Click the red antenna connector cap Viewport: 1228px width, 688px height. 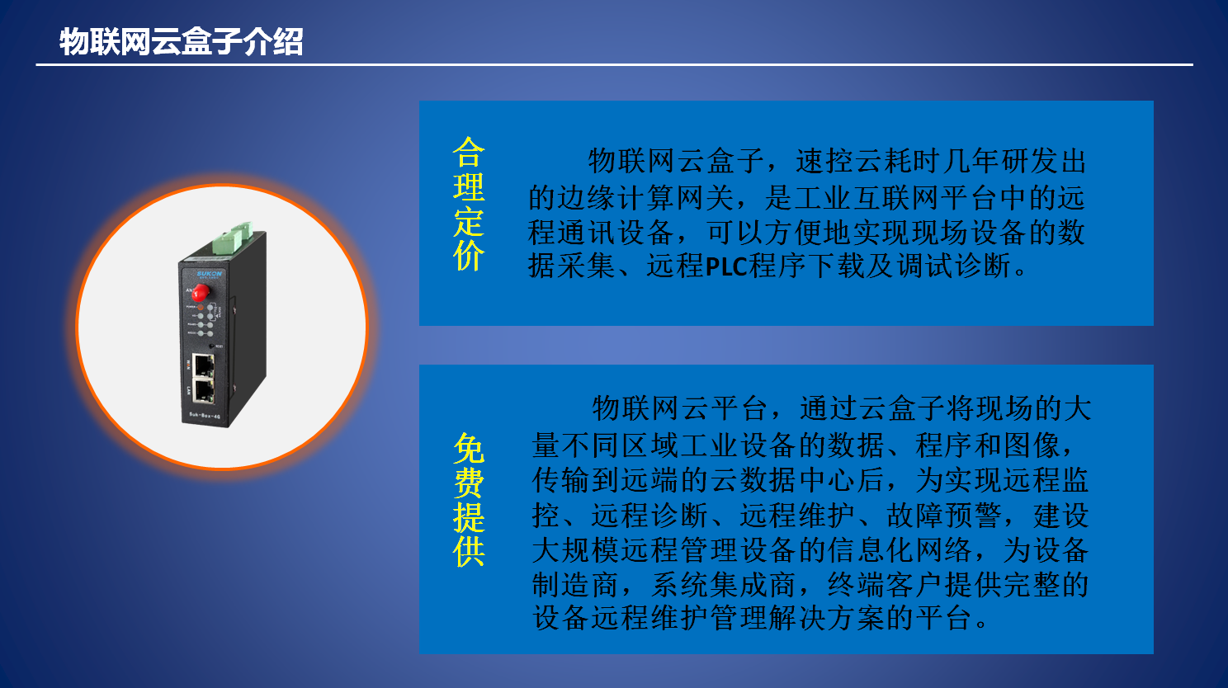200,293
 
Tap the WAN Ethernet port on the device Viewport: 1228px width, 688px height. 203,365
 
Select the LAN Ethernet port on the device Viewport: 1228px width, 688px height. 203,390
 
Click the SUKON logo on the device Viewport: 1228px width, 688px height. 209,274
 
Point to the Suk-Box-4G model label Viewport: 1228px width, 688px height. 205,416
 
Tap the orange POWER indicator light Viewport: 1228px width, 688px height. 201,308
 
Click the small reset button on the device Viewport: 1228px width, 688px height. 212,346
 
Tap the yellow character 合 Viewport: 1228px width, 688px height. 469,152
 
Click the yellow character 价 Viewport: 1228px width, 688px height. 469,256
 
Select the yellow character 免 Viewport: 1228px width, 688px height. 469,448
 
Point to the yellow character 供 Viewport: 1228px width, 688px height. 469,551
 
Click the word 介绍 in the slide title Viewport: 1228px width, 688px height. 273,41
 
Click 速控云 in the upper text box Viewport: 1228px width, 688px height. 839,161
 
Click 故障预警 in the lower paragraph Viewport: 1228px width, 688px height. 943,516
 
